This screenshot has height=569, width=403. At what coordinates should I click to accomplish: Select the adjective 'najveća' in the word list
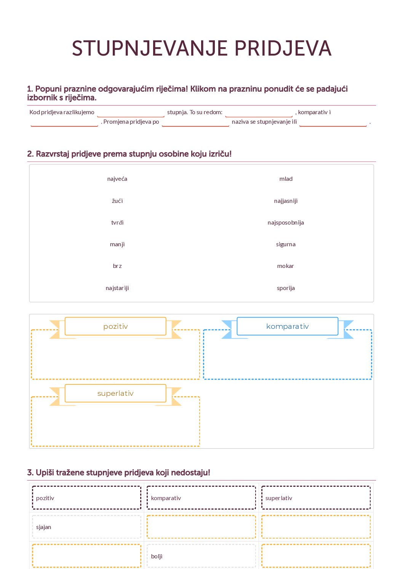point(117,179)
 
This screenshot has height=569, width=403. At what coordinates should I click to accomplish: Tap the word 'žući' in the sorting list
point(117,201)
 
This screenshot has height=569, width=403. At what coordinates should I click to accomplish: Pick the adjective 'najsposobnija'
point(286,223)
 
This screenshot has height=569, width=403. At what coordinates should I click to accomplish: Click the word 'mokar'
point(286,266)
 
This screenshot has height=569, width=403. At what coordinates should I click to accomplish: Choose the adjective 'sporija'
point(286,288)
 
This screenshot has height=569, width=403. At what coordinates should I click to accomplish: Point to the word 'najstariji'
point(117,288)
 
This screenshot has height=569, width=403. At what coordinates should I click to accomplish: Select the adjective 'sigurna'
point(286,244)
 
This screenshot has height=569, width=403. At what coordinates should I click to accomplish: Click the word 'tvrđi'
point(117,223)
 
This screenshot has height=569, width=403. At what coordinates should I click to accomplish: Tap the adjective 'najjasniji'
point(286,201)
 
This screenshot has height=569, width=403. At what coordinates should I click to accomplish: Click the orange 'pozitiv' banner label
point(115,327)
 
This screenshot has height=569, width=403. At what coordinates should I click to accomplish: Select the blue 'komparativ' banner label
point(288,327)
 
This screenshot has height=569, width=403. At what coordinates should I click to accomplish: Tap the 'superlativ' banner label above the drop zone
point(115,394)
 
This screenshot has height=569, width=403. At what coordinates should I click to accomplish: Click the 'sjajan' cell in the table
point(86,527)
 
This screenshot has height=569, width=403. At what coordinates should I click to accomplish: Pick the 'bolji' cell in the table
point(201,556)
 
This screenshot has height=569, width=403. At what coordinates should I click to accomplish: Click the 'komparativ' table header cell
point(201,498)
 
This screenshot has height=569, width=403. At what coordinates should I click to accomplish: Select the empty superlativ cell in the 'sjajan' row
point(316,527)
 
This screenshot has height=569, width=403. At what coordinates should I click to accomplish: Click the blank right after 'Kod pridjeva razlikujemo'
point(131,113)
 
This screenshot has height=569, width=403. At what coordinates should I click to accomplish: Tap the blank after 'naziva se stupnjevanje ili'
point(333,122)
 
